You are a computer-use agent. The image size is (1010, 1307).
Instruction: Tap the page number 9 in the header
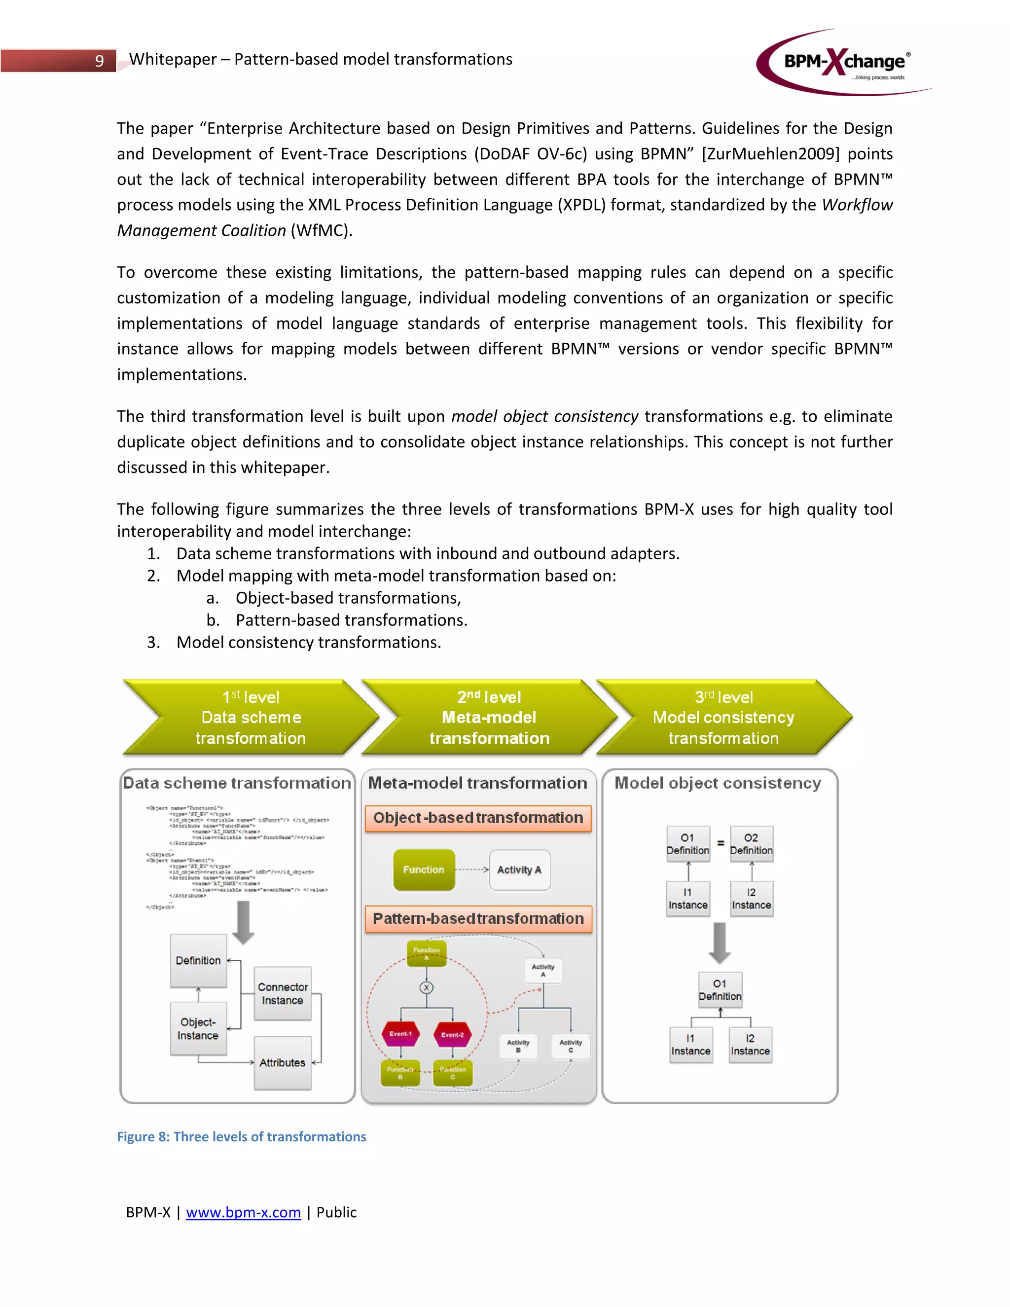99,61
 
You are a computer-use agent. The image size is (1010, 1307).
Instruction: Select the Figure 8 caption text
241,1136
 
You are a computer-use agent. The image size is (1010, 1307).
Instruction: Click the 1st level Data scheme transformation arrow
250,717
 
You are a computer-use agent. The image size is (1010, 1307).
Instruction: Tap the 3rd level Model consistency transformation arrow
723,717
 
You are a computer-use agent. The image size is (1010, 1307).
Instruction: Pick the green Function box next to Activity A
424,870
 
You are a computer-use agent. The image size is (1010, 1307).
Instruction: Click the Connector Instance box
283,993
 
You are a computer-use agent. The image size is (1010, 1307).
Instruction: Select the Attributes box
283,1063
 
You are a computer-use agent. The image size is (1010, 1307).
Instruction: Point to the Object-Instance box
198,1029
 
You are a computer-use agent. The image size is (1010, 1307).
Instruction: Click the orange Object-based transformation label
478,818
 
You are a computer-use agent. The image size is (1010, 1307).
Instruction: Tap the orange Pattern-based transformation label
478,919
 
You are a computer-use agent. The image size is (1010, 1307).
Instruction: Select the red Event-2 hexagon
452,1034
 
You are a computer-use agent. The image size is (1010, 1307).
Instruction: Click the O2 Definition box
751,844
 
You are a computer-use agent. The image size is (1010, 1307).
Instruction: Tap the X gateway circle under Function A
426,987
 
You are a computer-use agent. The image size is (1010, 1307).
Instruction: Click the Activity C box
570,1046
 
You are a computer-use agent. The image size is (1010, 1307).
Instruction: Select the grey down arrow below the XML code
243,922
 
